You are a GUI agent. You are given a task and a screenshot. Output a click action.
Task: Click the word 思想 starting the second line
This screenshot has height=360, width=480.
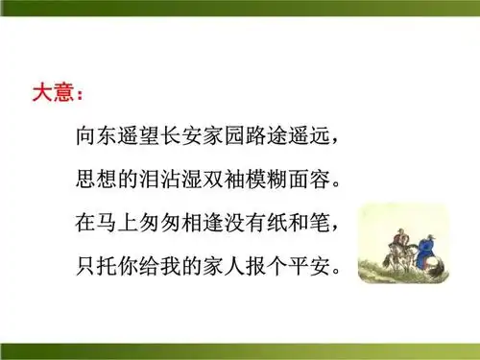96,180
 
